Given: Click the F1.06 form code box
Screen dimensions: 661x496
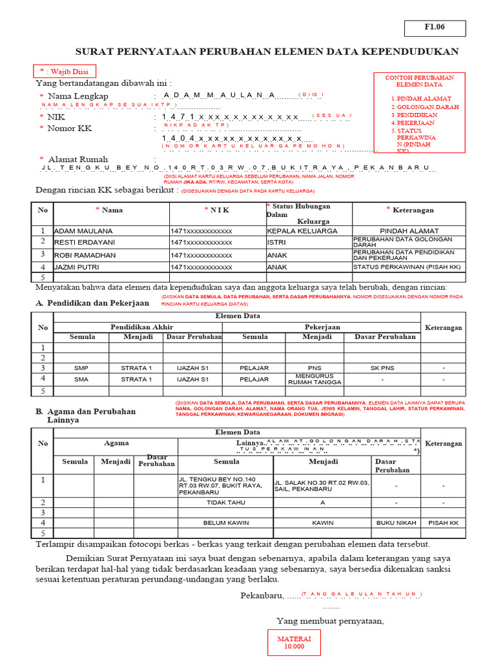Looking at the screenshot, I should coord(434,28).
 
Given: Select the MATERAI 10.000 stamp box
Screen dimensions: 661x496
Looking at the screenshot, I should coord(294,643).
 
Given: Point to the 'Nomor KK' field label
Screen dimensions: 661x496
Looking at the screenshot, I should coord(69,128).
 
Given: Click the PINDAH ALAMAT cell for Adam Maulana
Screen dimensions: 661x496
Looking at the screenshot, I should coord(409,230).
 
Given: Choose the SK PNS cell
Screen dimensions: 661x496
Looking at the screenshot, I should coord(382,367).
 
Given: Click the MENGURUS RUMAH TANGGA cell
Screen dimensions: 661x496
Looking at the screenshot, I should coord(315,379).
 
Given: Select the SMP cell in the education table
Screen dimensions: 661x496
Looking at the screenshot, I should coord(81,367).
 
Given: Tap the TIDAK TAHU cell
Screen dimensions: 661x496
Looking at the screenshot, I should coord(226,502).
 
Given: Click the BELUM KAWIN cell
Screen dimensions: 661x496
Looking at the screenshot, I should coord(226,522).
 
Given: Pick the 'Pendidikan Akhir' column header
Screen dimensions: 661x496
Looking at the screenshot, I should coord(141,327).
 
